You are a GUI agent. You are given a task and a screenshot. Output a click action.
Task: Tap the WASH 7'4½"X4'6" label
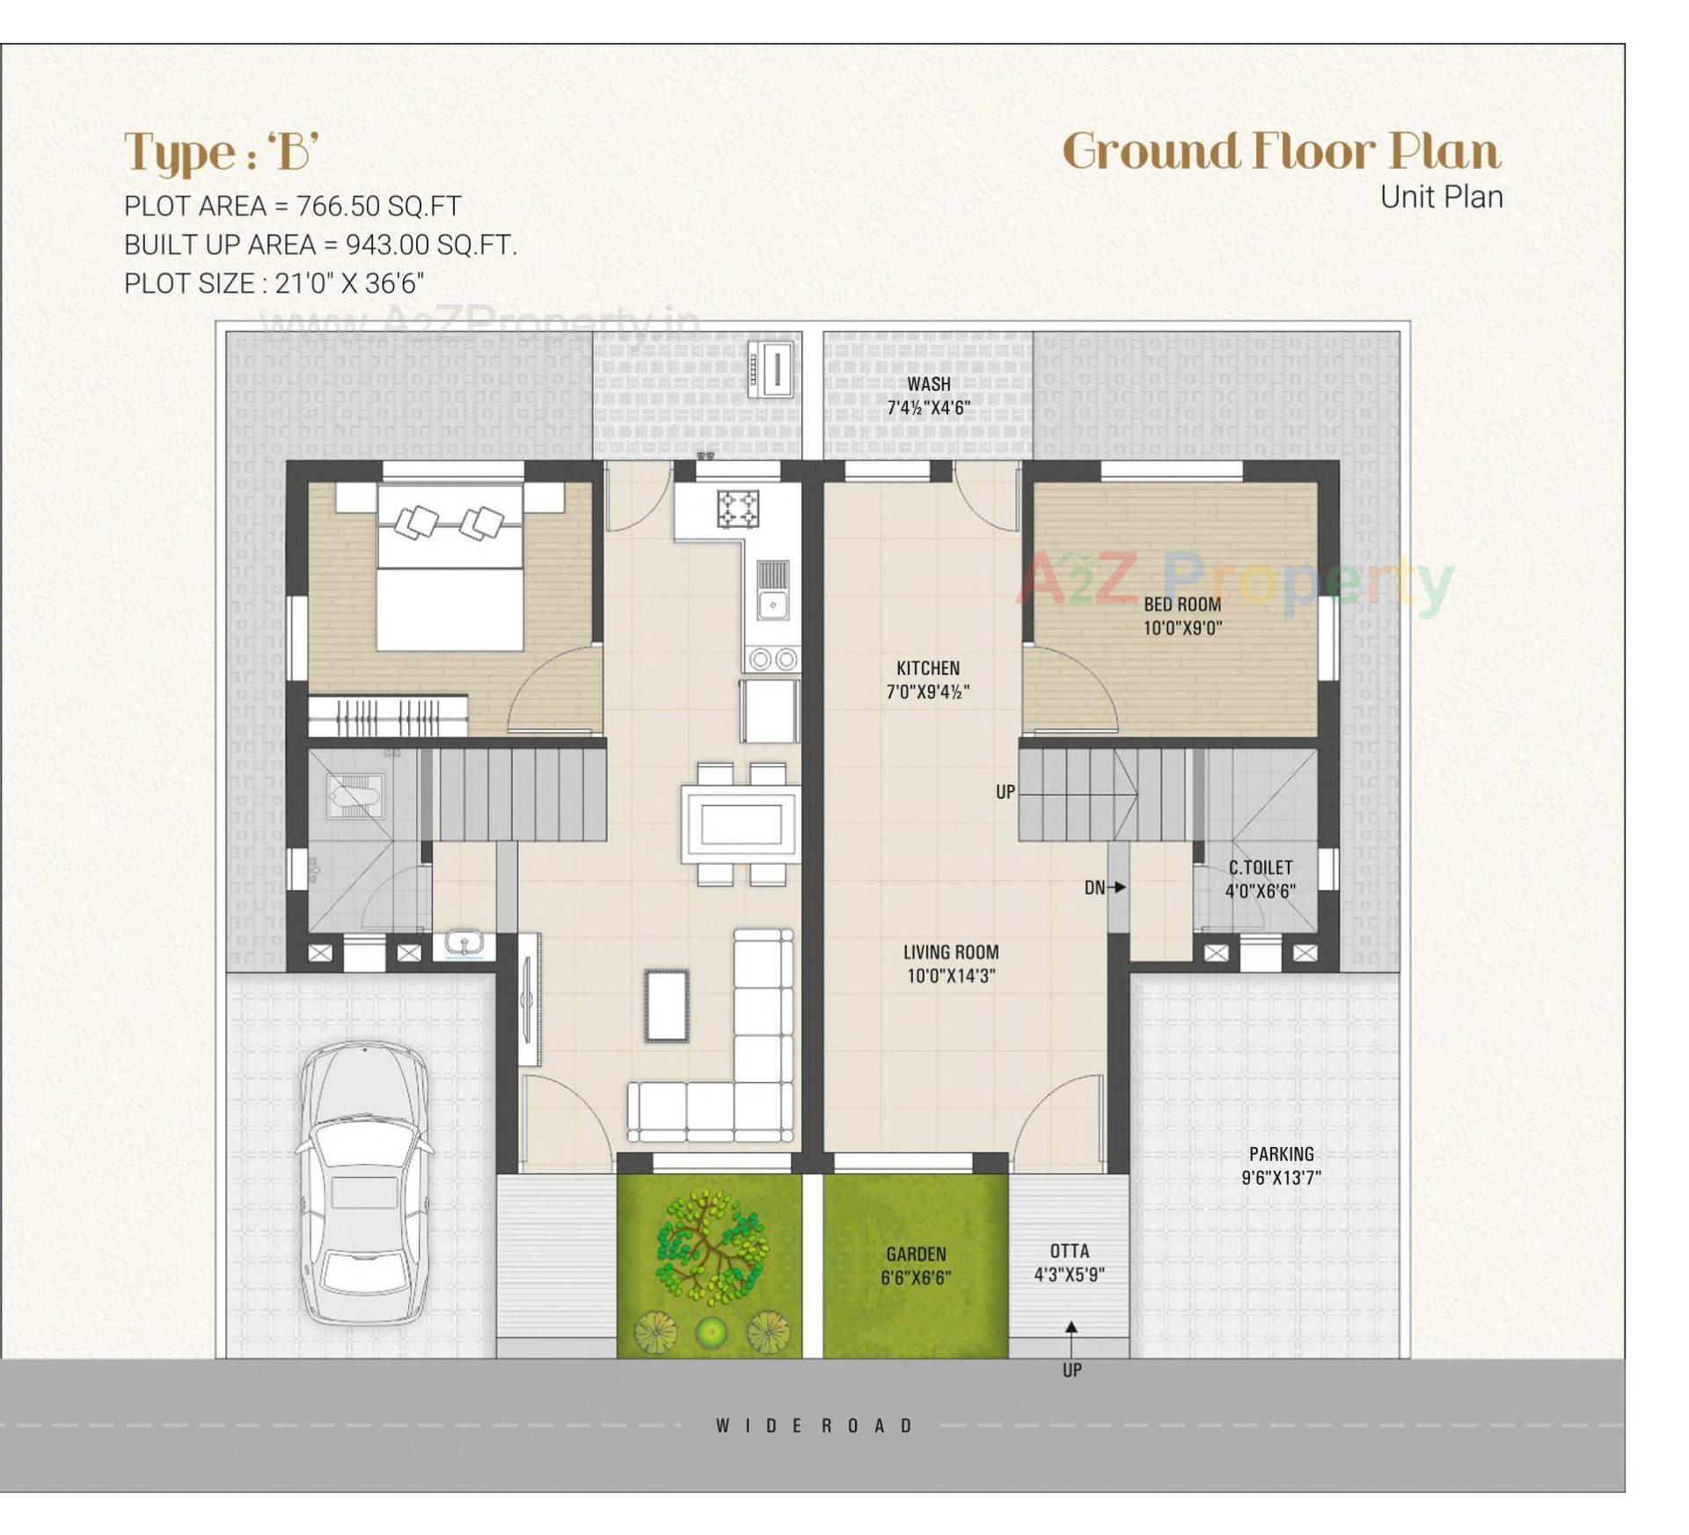928,396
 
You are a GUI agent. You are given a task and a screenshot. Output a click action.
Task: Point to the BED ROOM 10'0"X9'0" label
1182,616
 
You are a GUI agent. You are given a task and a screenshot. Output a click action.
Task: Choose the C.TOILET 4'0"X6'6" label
1260,880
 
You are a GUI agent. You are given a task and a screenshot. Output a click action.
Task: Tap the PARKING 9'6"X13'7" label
1281,1166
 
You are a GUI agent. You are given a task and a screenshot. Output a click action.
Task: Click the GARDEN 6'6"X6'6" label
916,1266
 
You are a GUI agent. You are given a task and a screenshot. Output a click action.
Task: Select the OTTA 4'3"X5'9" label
1069,1262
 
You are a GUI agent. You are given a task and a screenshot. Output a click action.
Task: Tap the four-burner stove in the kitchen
737,508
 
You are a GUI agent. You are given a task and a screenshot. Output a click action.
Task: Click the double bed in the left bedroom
450,567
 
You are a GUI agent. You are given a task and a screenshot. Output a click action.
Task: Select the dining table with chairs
741,824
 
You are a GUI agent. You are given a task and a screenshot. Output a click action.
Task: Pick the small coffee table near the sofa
666,1005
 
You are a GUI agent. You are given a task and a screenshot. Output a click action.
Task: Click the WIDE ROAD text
815,1426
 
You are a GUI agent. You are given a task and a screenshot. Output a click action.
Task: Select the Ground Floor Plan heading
1281,151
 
